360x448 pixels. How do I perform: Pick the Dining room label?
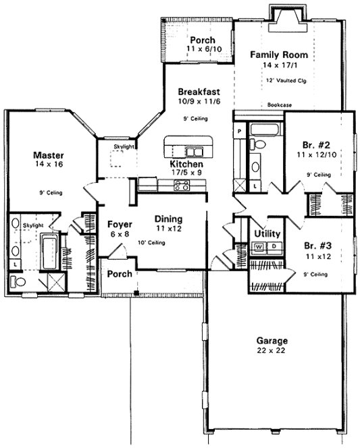(x=169, y=219)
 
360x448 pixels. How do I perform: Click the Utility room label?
(x=267, y=233)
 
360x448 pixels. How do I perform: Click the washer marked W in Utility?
(x=259, y=248)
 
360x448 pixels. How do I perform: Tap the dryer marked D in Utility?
(x=273, y=248)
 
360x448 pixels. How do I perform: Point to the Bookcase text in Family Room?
(x=279, y=105)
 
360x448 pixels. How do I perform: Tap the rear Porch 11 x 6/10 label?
(x=202, y=40)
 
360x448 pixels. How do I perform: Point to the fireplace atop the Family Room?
(x=279, y=14)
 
